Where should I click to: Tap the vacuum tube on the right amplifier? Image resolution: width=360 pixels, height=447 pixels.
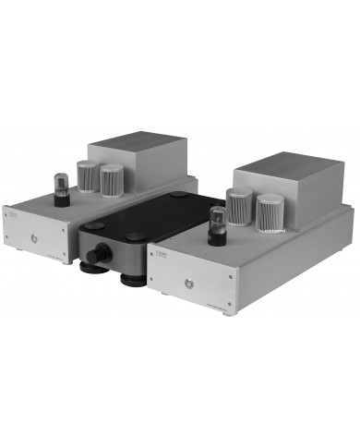point(219,223)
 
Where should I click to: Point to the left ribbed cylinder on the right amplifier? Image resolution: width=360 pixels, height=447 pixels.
point(239,208)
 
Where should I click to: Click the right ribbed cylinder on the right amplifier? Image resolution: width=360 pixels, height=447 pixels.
point(270,214)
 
